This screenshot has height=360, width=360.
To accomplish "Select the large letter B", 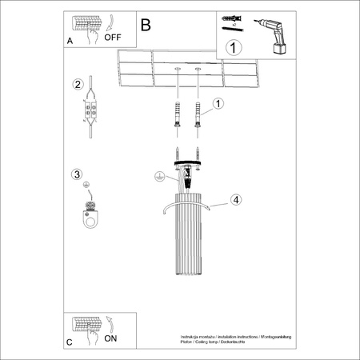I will pos(145,25).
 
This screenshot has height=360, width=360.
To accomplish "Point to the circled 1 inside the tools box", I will pos(233,47).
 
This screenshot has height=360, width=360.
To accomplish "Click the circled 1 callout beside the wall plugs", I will pos(218,103).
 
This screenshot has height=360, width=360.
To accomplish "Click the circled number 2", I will pos(78,85).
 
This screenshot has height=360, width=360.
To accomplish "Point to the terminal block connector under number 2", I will pos(93,112).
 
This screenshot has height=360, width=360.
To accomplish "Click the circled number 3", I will pos(77,174).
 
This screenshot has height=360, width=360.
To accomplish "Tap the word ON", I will pos(110,338).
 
